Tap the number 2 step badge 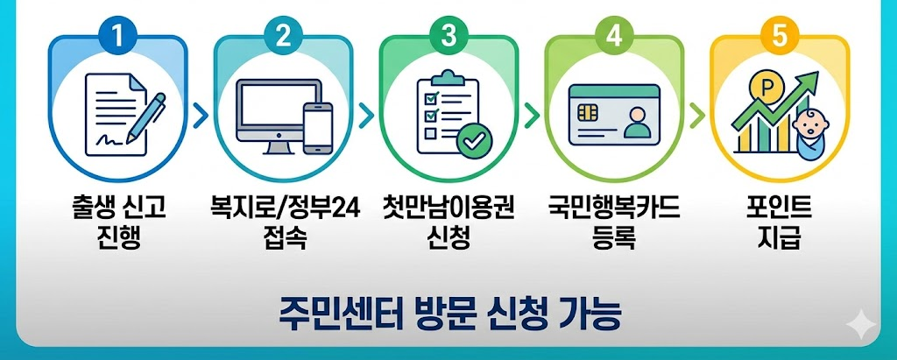pyautogui.click(x=283, y=36)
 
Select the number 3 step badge pyautogui.click(x=448, y=36)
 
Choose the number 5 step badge pyautogui.click(x=779, y=36)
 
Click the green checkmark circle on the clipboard pyautogui.click(x=477, y=138)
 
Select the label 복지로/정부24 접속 pyautogui.click(x=284, y=222)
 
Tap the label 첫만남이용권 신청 pyautogui.click(x=448, y=222)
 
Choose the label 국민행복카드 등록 pyautogui.click(x=614, y=222)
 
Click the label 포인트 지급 pyautogui.click(x=779, y=222)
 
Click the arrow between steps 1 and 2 pyautogui.click(x=201, y=115)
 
